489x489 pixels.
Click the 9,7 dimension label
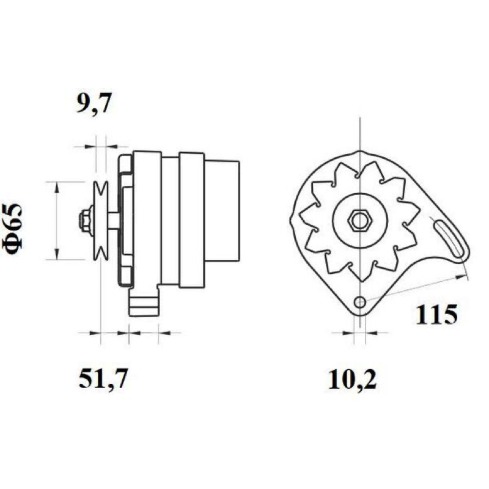94,103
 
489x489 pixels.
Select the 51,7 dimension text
103,379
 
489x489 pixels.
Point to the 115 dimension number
436,314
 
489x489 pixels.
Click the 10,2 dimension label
353,380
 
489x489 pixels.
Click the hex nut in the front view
360,221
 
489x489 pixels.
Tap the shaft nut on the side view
85,220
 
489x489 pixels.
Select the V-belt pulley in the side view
101,220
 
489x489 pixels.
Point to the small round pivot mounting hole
360,301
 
